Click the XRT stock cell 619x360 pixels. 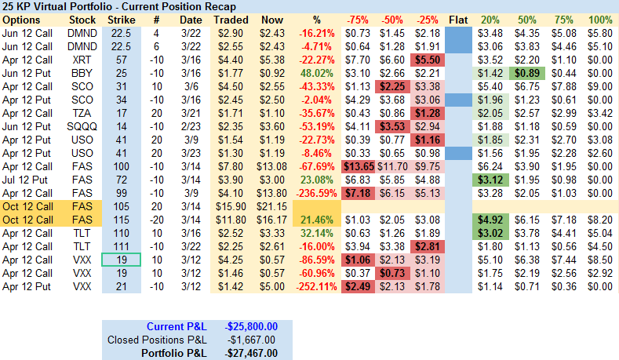(x=82, y=59)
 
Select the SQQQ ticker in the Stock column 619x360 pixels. (x=82, y=125)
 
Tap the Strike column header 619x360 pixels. (x=121, y=19)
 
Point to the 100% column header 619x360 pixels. (x=599, y=19)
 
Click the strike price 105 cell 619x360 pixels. (x=121, y=205)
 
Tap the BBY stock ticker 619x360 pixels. (x=82, y=72)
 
